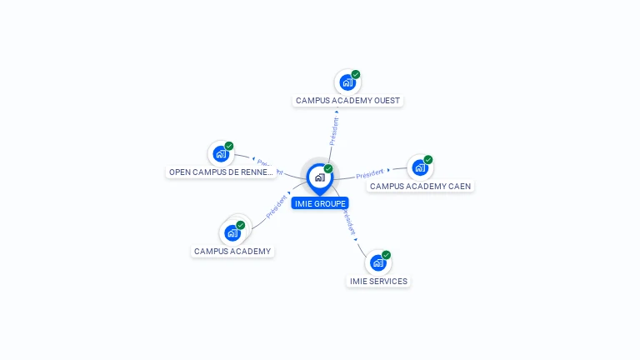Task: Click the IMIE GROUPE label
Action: (319, 203)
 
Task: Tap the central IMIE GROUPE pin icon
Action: (319, 177)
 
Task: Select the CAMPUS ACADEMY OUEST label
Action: (347, 100)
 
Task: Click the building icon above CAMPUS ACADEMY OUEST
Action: (347, 82)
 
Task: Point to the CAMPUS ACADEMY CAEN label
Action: (420, 186)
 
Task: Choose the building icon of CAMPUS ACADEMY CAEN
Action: (420, 167)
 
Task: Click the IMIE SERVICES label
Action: (378, 281)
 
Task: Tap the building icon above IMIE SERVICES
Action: (378, 262)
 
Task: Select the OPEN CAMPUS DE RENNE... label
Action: (221, 172)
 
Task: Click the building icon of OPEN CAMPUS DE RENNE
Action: (221, 153)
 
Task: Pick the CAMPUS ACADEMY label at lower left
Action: (232, 251)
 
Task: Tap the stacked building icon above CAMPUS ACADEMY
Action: (232, 232)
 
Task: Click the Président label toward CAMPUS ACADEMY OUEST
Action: (334, 132)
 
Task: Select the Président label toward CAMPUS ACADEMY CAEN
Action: (369, 174)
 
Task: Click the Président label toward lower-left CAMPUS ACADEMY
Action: (276, 207)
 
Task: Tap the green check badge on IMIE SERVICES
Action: (386, 255)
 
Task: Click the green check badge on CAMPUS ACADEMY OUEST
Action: (356, 75)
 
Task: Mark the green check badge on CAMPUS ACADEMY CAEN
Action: (428, 160)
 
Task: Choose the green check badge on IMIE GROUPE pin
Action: (328, 169)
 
